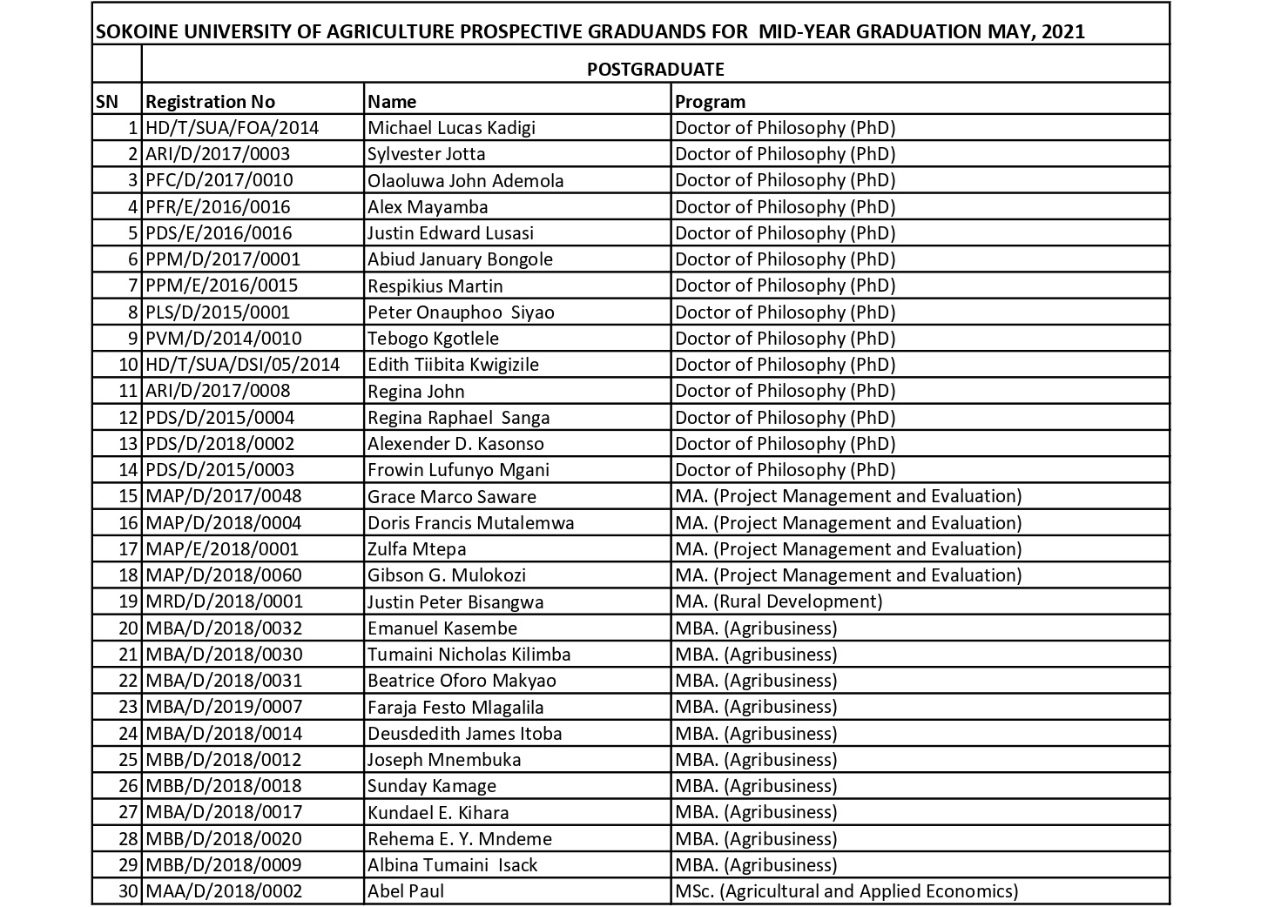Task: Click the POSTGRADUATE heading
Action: [655, 69]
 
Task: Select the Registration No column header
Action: [210, 101]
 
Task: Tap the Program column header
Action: [710, 101]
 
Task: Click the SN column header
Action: [106, 101]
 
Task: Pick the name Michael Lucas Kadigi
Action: [451, 128]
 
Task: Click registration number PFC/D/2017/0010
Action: [219, 180]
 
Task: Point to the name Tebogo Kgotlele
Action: [433, 339]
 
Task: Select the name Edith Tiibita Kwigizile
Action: [453, 365]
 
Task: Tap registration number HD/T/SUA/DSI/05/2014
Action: [243, 365]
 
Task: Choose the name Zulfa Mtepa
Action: [416, 549]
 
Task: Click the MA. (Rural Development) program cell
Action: [779, 601]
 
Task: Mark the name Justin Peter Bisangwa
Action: [455, 602]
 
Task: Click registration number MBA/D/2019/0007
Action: [224, 707]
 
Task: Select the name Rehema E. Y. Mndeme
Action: [460, 839]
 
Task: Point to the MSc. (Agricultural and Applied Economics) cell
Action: [846, 891]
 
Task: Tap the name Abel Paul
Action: [406, 891]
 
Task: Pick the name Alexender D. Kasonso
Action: [455, 444]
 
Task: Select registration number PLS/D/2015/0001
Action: [218, 312]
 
